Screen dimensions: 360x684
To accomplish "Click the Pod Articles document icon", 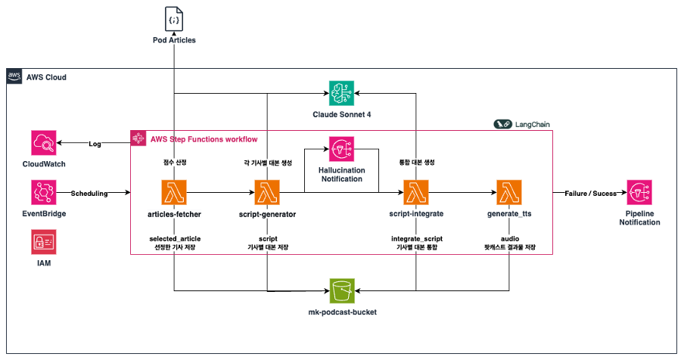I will click(x=174, y=17).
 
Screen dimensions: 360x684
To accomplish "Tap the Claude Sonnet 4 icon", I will click(x=344, y=92).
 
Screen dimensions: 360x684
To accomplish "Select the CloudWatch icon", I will click(x=45, y=144).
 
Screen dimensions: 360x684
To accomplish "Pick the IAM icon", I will click(x=45, y=242).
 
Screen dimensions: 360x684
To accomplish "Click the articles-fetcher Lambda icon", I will click(x=174, y=193).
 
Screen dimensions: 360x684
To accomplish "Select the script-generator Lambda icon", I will click(x=268, y=193).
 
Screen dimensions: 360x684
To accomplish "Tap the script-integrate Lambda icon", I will click(x=416, y=193).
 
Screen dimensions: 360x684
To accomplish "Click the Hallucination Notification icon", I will click(x=344, y=148).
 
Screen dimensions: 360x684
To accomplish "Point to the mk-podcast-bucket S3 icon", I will click(x=344, y=291).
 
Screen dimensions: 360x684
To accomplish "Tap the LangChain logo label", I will click(x=523, y=123).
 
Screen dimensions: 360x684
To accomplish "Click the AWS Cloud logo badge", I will click(x=13, y=76).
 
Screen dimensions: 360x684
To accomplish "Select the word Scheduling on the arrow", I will click(x=89, y=194).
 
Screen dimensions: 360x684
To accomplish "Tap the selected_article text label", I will click(x=174, y=239).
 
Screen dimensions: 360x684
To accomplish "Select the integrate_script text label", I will click(x=416, y=239).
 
